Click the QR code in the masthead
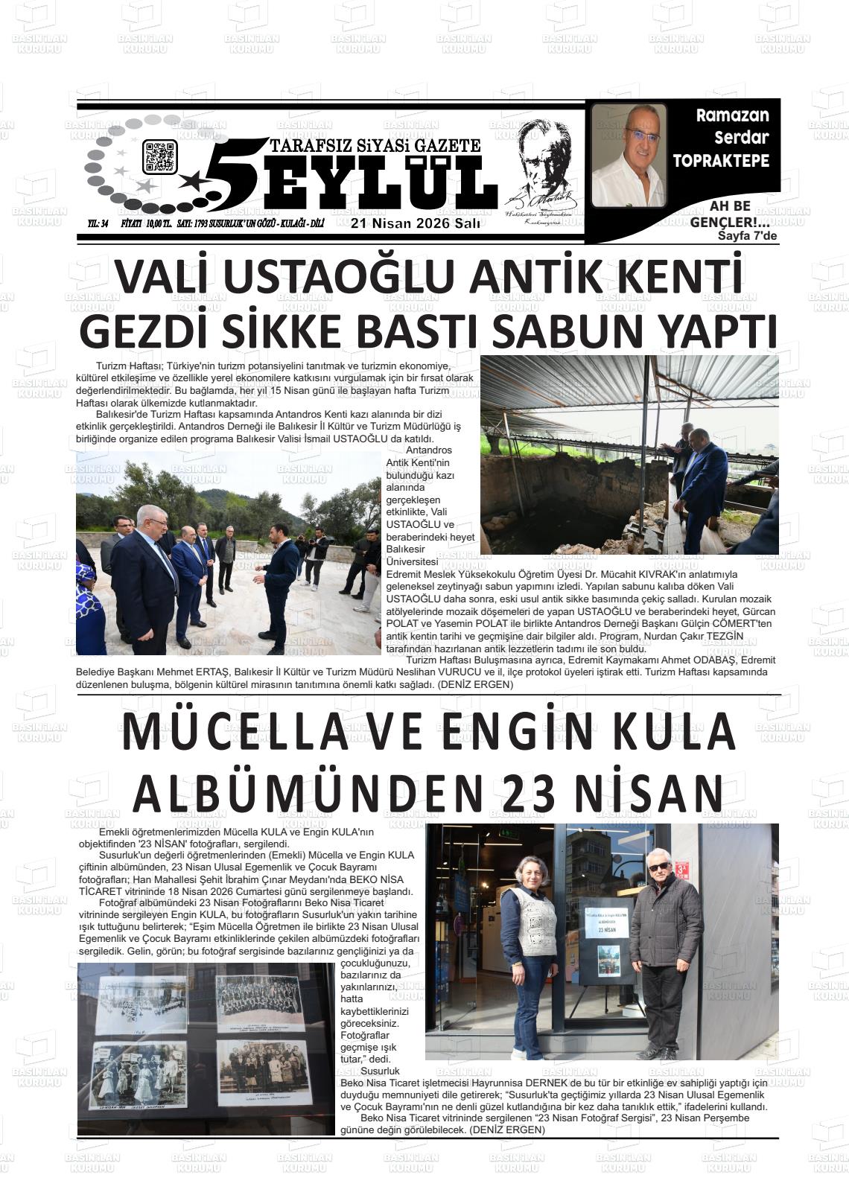coord(160,157)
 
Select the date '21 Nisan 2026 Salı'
coord(416,225)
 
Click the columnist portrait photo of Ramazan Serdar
coord(629,155)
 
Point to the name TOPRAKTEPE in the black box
coord(720,160)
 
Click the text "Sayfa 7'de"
coord(747,237)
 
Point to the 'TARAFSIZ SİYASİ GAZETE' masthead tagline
coord(376,145)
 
